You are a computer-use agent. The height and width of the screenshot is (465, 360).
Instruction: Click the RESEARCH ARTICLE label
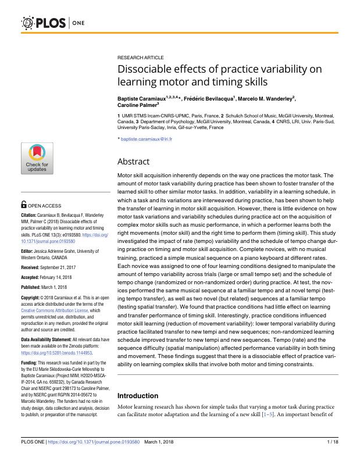140,58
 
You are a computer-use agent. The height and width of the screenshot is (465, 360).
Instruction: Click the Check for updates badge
37,159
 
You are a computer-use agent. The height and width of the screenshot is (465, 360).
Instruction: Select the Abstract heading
133,162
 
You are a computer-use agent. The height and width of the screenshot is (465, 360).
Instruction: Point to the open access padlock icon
23,205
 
